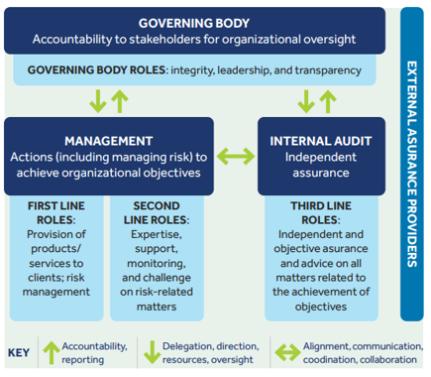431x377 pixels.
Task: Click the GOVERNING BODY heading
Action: pos(194,23)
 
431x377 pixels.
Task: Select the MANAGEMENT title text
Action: pos(109,141)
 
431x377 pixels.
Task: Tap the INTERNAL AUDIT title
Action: pos(321,141)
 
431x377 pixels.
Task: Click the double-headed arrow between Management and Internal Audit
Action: pos(236,156)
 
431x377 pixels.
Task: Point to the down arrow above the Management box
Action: pos(98,101)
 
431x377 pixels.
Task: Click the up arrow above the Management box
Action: pos(120,101)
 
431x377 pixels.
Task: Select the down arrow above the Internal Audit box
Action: pos(306,101)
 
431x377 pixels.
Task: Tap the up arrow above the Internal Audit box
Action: pos(328,101)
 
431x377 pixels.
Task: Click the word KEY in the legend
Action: pos(19,353)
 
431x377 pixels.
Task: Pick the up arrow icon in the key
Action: pos(52,353)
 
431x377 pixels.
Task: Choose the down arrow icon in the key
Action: pos(152,353)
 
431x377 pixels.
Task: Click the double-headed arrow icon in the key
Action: pos(287,352)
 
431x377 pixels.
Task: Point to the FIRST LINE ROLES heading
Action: pos(56,213)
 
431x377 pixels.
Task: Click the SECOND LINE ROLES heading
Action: pos(157,213)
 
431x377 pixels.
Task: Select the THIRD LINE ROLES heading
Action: pos(321,213)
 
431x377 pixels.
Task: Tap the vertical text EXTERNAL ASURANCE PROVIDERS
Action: pos(412,164)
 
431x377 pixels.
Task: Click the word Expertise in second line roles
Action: pos(157,234)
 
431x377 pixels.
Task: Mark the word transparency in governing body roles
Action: pos(328,70)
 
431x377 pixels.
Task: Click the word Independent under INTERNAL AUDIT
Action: pos(321,157)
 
